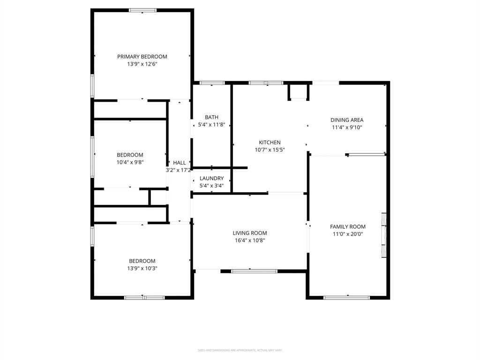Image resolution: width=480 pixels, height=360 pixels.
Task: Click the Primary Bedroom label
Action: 142,57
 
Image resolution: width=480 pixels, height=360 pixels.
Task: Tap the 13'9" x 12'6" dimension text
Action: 142,64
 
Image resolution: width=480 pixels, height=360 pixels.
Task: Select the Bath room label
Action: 211,117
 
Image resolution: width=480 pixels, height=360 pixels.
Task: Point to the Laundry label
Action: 211,178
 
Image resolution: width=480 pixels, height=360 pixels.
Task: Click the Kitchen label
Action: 270,142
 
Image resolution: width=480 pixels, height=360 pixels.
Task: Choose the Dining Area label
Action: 347,120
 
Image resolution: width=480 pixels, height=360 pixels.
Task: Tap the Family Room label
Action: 348,227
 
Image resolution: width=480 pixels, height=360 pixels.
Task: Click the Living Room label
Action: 250,233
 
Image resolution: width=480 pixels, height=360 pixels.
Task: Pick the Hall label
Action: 179,163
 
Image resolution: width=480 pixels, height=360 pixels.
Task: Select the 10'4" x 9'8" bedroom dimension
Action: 130,162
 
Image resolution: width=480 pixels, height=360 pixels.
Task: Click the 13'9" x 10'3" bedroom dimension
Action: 142,269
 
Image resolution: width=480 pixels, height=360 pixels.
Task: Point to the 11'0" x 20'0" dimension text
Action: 348,234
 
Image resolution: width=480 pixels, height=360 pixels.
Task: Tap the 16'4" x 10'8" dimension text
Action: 250,240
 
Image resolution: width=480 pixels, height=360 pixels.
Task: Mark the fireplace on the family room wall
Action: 384,235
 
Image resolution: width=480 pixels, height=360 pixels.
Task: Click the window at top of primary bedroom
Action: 143,10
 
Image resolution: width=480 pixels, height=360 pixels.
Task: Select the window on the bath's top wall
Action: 212,83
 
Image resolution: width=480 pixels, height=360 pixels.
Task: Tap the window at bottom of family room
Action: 347,297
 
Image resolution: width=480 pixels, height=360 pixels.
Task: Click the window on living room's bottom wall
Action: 255,270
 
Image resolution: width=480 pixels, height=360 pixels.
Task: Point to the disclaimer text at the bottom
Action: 240,350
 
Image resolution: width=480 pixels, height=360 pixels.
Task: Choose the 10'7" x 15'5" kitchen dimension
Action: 270,150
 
